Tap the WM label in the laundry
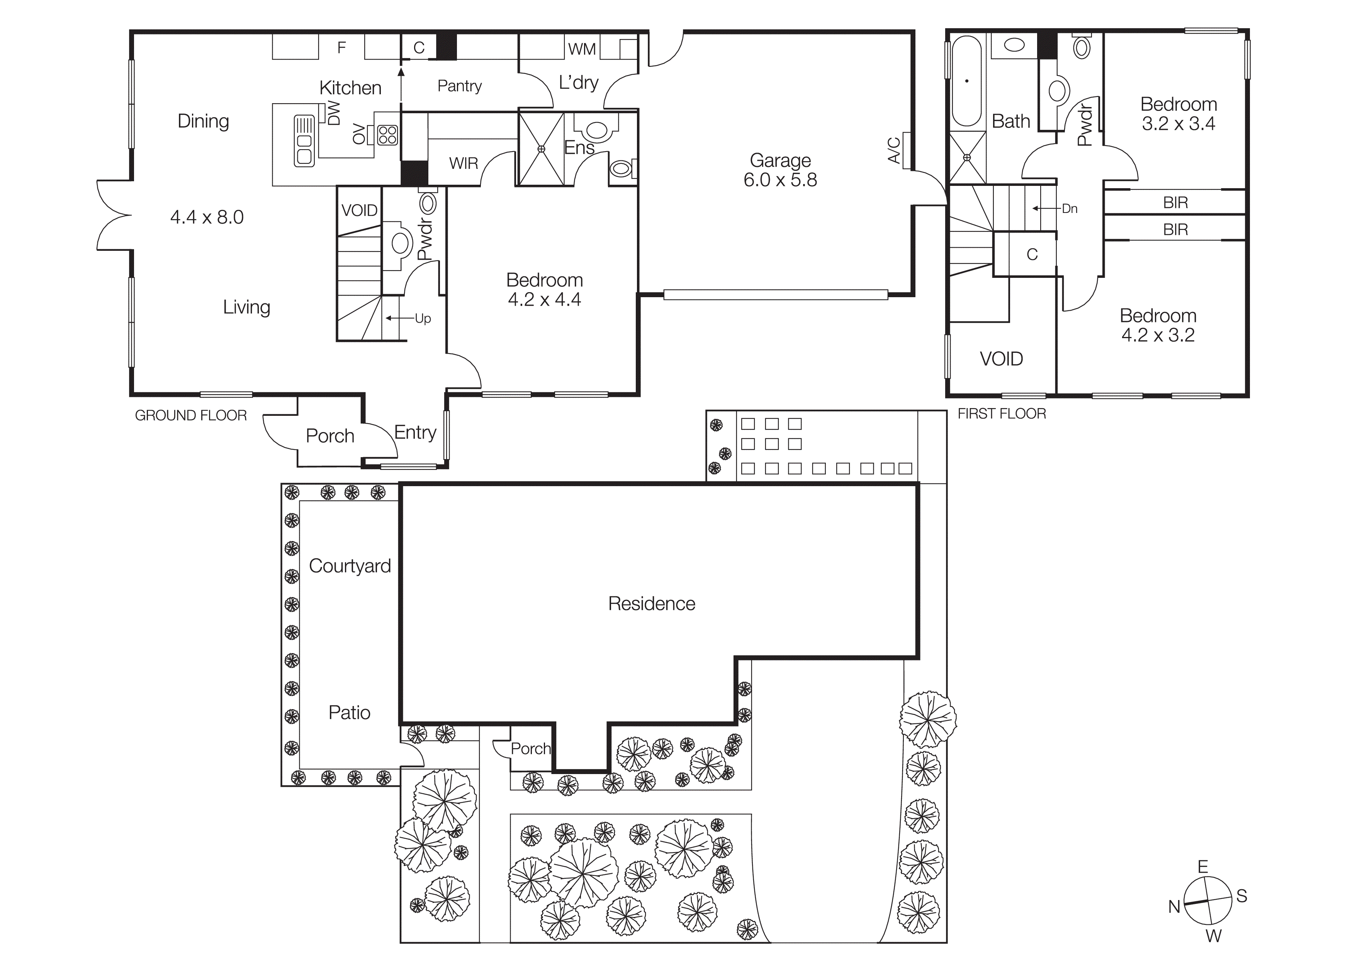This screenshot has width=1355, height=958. (x=581, y=49)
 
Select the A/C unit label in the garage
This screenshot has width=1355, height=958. (x=895, y=150)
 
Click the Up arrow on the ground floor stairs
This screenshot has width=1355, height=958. (x=398, y=318)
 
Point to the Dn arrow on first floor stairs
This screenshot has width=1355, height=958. (x=1044, y=208)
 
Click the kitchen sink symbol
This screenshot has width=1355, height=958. (x=304, y=141)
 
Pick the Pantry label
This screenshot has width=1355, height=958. (x=459, y=86)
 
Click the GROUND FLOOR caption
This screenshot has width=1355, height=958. (x=191, y=415)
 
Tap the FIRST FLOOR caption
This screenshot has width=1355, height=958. (x=1002, y=414)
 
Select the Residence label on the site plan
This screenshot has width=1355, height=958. (x=652, y=604)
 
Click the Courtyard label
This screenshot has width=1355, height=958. (x=350, y=566)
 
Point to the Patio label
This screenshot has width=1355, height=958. (x=350, y=713)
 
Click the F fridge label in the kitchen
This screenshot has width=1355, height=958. (x=341, y=48)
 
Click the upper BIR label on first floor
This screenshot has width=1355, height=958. (x=1175, y=202)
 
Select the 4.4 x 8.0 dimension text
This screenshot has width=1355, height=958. (x=207, y=217)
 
